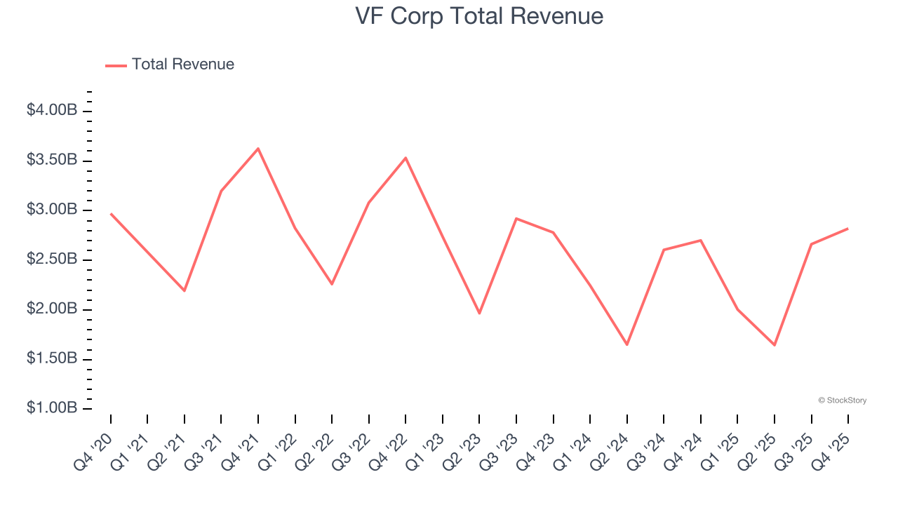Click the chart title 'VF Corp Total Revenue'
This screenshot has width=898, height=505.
pyautogui.click(x=479, y=15)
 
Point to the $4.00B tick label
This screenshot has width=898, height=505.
pyautogui.click(x=52, y=111)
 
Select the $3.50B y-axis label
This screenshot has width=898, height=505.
pyautogui.click(x=52, y=161)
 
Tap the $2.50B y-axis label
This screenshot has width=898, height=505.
pyautogui.click(x=52, y=260)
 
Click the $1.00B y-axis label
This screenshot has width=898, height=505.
pyautogui.click(x=52, y=408)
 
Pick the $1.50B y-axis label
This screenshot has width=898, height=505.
pyautogui.click(x=52, y=358)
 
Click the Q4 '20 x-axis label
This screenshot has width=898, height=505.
pyautogui.click(x=94, y=452)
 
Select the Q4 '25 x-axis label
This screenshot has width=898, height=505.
pyautogui.click(x=831, y=452)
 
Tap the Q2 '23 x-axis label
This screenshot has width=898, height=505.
pyautogui.click(x=463, y=452)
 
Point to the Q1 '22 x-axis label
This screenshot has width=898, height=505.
pyautogui.click(x=279, y=452)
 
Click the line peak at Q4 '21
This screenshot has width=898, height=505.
pyautogui.click(x=258, y=149)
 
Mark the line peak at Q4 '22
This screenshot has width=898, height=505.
pyautogui.click(x=406, y=158)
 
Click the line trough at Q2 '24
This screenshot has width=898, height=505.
pyautogui.click(x=626, y=344)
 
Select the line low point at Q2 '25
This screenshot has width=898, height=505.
pyautogui.click(x=775, y=345)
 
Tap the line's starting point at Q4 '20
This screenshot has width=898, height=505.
pyautogui.click(x=111, y=214)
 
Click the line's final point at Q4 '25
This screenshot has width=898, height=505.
pyautogui.click(x=848, y=228)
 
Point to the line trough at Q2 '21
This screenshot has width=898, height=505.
pyautogui.click(x=185, y=290)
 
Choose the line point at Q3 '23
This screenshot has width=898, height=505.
pyautogui.click(x=516, y=219)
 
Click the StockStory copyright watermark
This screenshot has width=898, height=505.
pyautogui.click(x=842, y=400)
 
